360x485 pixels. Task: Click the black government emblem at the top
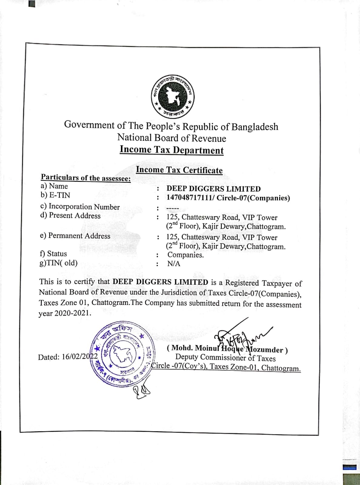pos(173,96)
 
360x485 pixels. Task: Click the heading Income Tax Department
pos(172,150)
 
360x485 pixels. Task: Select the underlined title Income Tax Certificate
pos(179,170)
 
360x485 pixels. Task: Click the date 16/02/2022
pos(80,357)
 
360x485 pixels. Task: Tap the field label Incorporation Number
pos(84,207)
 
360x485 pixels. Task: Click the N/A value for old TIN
pos(174,264)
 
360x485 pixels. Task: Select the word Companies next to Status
pos(185,255)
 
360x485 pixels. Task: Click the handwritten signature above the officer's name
pos(239,335)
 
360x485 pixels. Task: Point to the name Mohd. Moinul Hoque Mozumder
pos(227,349)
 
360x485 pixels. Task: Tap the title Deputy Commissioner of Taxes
pos(225,358)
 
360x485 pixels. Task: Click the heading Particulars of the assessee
pos(86,178)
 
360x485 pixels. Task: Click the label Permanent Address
pos(79,236)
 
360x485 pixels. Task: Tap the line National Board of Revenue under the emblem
pos(172,138)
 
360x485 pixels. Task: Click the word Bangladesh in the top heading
pos(255,127)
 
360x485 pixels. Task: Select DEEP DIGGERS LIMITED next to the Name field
pos(213,189)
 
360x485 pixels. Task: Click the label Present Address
pos(75,216)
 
